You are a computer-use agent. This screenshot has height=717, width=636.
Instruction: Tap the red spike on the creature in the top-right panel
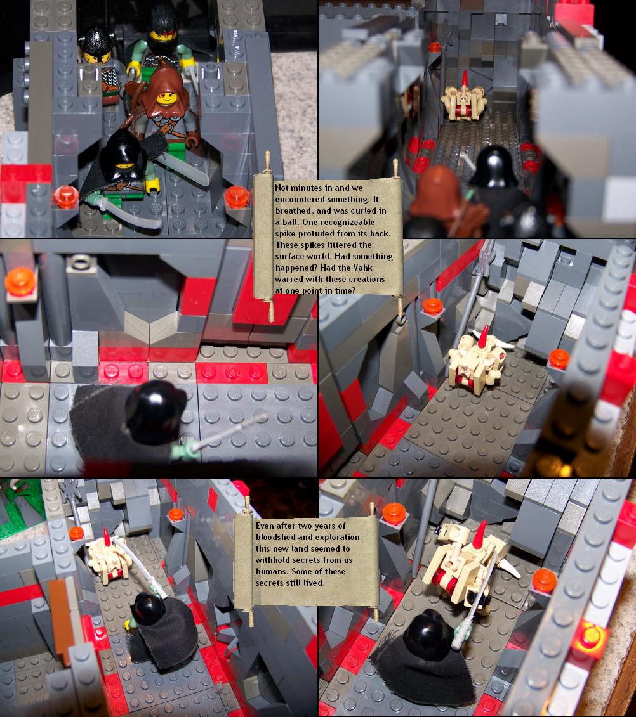(x=465, y=79)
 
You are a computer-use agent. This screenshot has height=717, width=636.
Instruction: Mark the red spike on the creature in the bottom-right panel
(x=480, y=535)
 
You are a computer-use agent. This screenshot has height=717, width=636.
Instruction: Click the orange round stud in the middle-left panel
(x=20, y=281)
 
